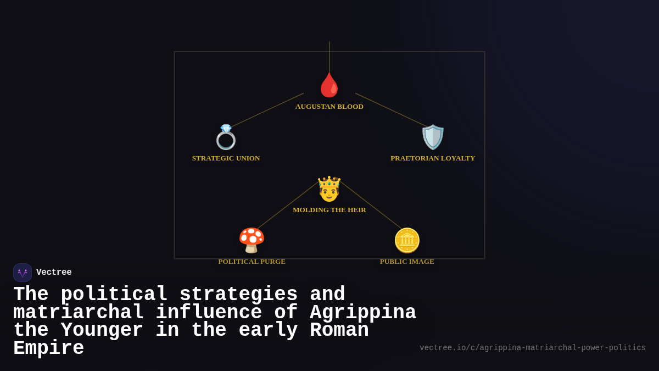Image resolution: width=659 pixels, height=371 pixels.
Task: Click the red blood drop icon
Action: pyautogui.click(x=329, y=85)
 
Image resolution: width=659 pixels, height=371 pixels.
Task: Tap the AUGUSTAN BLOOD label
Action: pyautogui.click(x=329, y=107)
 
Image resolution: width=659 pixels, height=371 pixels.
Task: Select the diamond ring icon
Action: pyautogui.click(x=226, y=137)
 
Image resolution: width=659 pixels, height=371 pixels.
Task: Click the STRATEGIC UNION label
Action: pyautogui.click(x=226, y=158)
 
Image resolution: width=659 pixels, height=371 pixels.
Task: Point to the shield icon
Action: pyautogui.click(x=433, y=137)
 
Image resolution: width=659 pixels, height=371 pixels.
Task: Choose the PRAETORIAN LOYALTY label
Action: pyautogui.click(x=433, y=158)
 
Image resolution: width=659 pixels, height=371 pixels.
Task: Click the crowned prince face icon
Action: pyautogui.click(x=329, y=189)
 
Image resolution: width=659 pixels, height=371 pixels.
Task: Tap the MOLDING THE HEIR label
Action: pyautogui.click(x=329, y=210)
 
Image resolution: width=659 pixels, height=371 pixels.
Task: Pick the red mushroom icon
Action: pyautogui.click(x=252, y=240)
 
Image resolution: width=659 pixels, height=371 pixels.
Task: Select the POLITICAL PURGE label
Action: pyautogui.click(x=252, y=262)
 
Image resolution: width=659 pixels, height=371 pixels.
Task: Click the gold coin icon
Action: pyautogui.click(x=407, y=240)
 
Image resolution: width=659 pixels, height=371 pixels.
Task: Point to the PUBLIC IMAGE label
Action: pyautogui.click(x=407, y=262)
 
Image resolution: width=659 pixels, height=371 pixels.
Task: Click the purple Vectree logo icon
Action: pyautogui.click(x=23, y=273)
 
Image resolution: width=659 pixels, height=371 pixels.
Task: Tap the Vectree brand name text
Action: pyautogui.click(x=54, y=273)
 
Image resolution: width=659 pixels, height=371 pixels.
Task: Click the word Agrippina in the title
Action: pyautogui.click(x=363, y=313)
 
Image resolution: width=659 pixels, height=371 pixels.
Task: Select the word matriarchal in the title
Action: pyautogui.click(x=79, y=313)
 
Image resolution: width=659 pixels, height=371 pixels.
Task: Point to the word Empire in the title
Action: pyautogui.click(x=48, y=348)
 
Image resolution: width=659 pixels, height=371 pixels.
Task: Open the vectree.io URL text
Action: pyautogui.click(x=533, y=348)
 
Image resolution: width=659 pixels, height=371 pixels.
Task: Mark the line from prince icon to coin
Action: pyautogui.click(x=371, y=205)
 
